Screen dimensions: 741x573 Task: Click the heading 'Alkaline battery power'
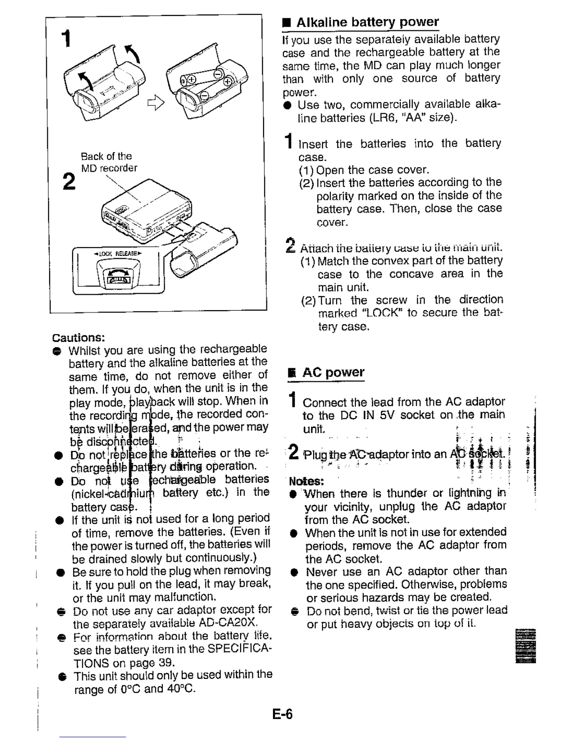pos(367,22)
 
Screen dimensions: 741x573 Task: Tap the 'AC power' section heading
pos(333,372)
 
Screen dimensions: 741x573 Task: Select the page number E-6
pos(283,714)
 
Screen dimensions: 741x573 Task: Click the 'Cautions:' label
pos(79,337)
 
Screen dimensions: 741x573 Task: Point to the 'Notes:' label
pos(307,481)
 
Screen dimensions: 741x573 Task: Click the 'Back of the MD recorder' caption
pos(109,162)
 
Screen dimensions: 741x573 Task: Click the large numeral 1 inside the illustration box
pos(67,38)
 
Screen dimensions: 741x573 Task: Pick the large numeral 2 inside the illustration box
pos(69,182)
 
